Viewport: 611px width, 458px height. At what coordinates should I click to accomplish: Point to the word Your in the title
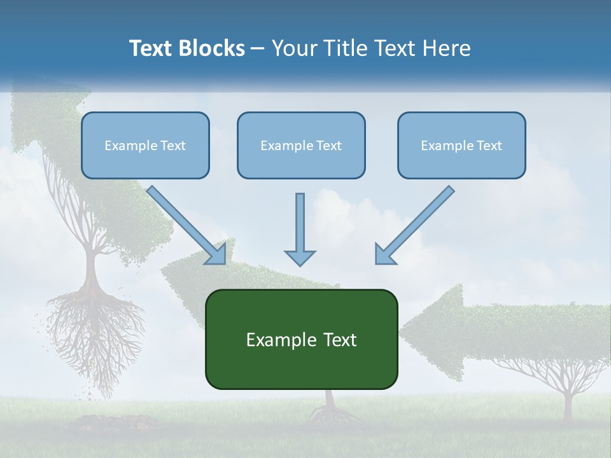(x=293, y=48)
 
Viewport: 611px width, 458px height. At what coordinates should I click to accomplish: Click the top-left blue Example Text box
(x=145, y=145)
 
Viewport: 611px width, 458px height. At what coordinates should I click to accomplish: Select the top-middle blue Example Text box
(x=301, y=145)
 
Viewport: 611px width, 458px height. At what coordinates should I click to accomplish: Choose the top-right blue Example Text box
(x=461, y=145)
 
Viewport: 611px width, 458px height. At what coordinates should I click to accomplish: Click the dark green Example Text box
(x=301, y=339)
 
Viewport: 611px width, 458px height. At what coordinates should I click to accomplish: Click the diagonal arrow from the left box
(x=186, y=225)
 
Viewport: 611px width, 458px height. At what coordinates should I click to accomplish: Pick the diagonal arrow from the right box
(x=415, y=225)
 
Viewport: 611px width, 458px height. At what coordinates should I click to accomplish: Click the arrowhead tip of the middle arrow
(x=300, y=262)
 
